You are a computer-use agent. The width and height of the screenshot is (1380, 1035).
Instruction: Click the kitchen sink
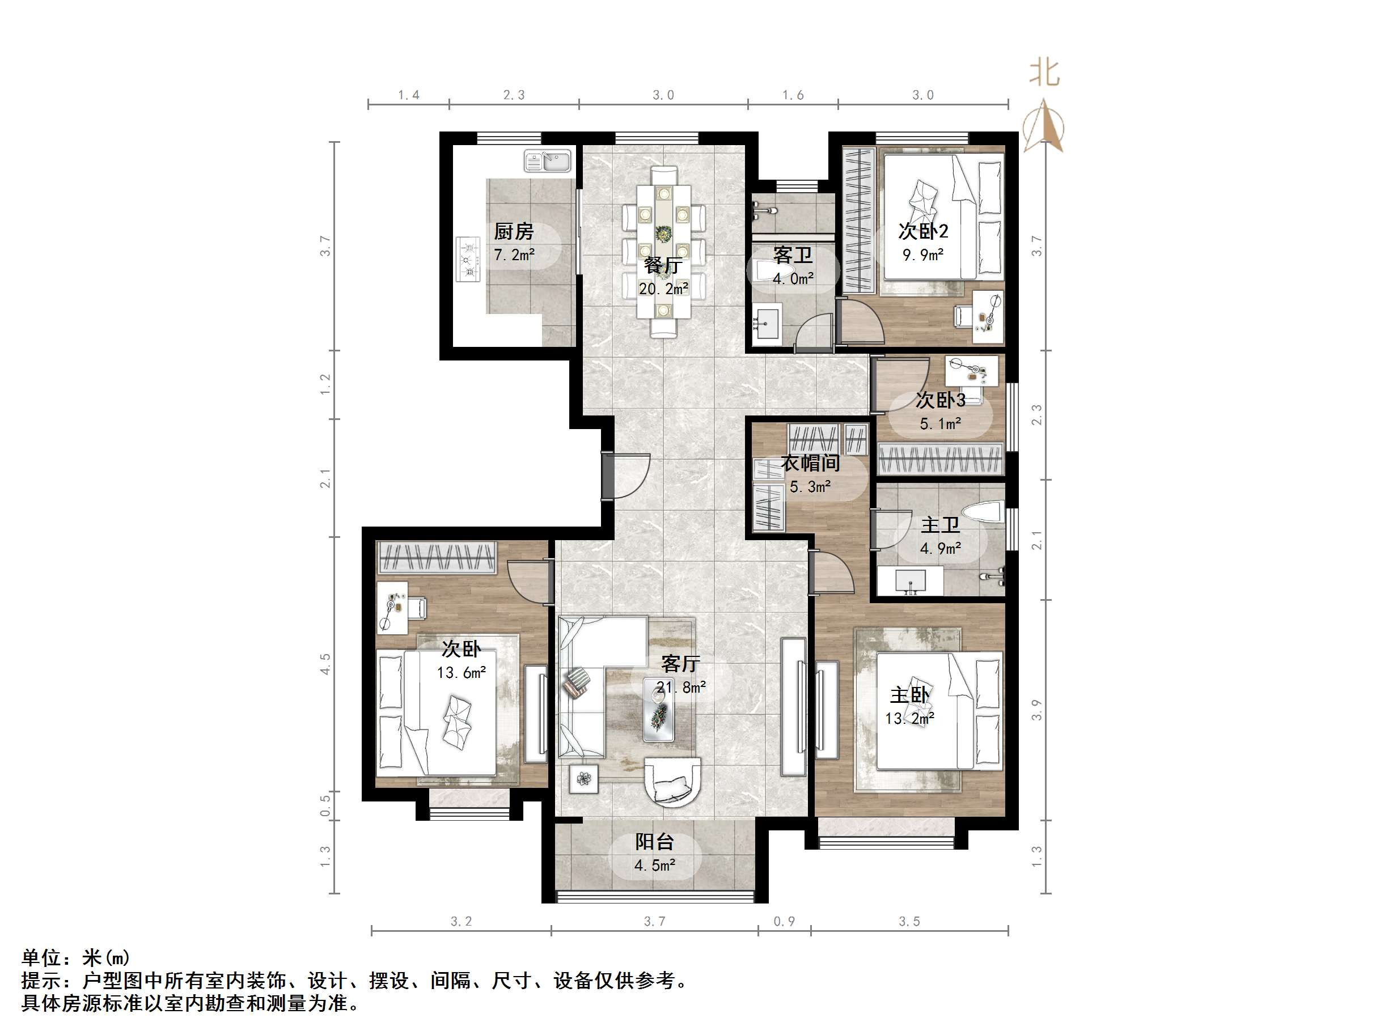547,161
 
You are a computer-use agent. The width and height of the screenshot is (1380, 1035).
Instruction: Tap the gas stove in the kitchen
468,258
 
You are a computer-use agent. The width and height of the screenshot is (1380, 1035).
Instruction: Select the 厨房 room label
514,232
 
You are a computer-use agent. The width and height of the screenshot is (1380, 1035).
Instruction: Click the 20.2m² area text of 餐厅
663,289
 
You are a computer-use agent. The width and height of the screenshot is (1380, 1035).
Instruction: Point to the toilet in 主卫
983,512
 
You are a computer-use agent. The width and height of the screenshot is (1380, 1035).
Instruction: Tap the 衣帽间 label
810,464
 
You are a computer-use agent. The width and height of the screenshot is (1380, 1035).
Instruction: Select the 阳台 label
654,842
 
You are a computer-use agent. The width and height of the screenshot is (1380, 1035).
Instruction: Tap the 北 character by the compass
1044,73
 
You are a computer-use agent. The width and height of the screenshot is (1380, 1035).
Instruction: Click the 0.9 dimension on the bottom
784,922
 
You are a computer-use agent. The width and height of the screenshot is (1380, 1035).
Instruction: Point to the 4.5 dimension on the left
325,664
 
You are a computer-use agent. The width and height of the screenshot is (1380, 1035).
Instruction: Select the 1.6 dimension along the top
793,95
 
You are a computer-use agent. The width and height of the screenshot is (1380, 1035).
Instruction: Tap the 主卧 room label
909,695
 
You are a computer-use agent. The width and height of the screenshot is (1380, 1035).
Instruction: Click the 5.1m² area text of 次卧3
940,423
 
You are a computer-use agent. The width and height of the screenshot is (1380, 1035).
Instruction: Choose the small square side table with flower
584,779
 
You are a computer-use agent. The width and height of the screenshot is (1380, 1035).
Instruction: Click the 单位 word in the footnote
42,958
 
